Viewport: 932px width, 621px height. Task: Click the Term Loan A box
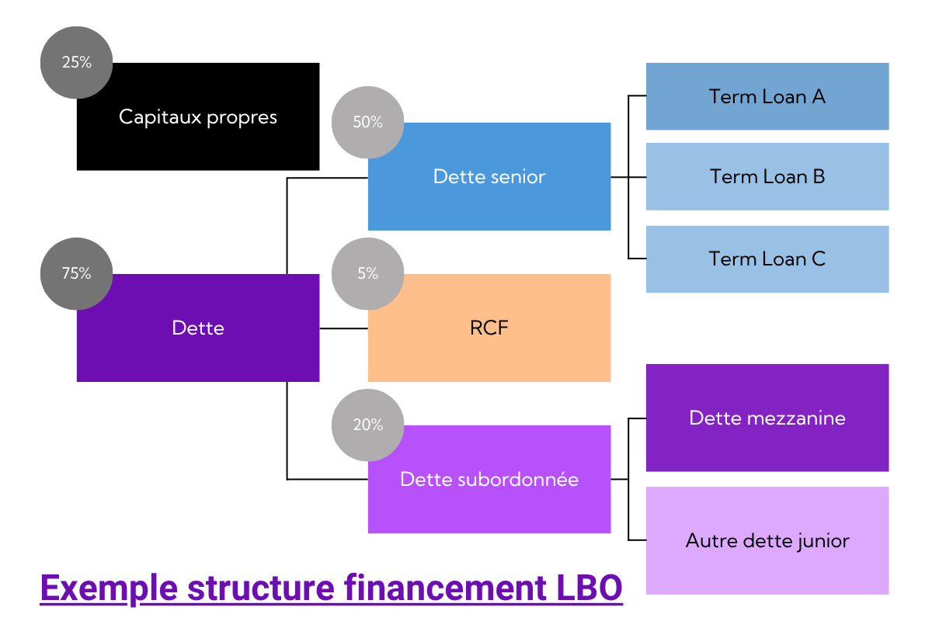[x=767, y=96]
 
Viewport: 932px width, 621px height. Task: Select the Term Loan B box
[x=767, y=176]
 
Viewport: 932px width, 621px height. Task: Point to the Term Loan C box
[x=767, y=258]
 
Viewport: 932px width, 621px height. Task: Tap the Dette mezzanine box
[x=767, y=418]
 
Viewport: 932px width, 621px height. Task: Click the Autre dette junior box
[x=767, y=540]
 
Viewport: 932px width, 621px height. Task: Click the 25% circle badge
[x=76, y=62]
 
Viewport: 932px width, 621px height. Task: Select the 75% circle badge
[x=76, y=273]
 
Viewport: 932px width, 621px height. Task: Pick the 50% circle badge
[x=367, y=122]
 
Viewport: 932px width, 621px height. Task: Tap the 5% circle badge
[x=367, y=273]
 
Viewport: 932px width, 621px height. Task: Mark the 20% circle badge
[x=367, y=425]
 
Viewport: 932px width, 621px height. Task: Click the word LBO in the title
[x=589, y=588]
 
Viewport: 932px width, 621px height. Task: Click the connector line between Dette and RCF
[x=343, y=328]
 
